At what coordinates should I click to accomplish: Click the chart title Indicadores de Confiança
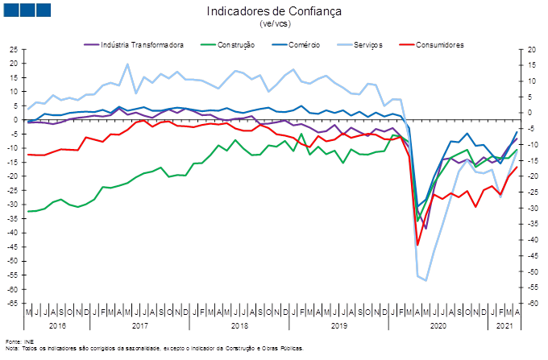273,11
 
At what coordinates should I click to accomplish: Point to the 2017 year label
139,326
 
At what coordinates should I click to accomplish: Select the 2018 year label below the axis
239,326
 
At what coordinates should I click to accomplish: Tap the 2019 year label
339,326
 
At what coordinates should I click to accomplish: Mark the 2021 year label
503,326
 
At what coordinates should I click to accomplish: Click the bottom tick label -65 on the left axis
13,304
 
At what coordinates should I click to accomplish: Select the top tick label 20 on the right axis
533,49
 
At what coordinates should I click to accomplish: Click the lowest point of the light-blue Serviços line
426,280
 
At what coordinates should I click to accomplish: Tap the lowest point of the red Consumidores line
417,246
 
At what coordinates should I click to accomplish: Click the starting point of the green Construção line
28,211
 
